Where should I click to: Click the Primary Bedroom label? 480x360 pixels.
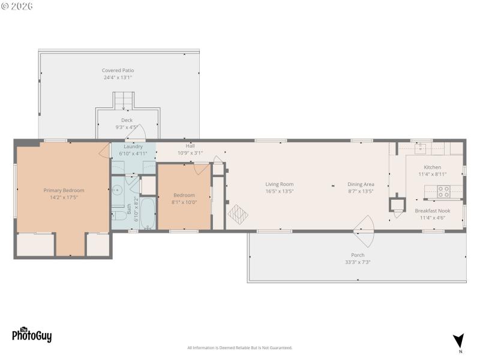coord(64,190)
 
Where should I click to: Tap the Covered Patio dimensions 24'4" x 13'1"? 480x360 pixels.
coord(118,77)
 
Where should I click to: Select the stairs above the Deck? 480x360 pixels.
coord(124,100)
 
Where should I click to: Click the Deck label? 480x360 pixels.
coord(127,120)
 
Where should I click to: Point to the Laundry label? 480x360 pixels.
coord(133,146)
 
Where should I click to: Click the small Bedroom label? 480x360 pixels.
coord(184,195)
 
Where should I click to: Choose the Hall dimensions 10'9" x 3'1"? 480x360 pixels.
coord(190,153)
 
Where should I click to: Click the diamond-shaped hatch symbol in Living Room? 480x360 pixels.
coord(237,214)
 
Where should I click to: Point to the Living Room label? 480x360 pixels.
coord(280,184)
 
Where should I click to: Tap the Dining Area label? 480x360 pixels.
coord(361,184)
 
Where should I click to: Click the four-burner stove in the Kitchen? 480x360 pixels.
coord(443,192)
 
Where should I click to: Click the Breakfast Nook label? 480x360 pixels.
coord(432,211)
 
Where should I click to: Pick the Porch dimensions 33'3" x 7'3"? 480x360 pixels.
coord(357,262)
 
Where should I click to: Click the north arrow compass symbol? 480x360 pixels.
coord(458,341)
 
